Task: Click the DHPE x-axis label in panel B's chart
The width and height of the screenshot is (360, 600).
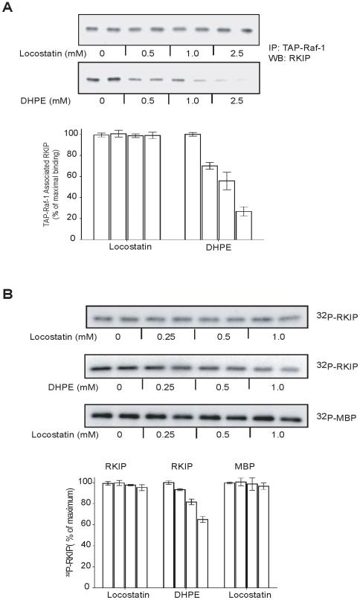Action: (183, 596)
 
